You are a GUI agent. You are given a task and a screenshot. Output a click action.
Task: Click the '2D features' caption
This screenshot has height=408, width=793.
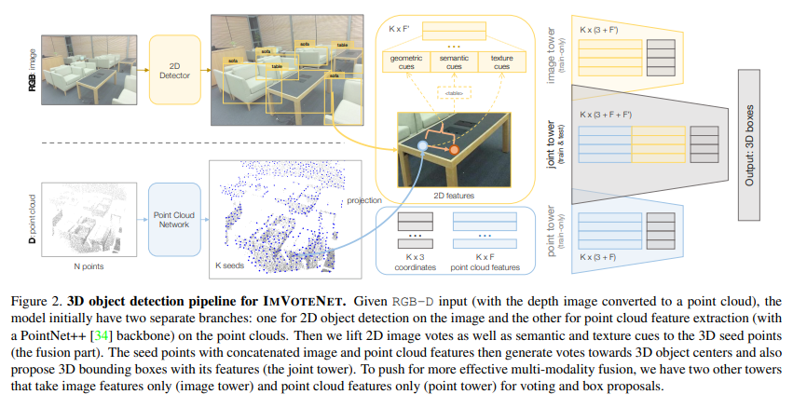click(x=455, y=196)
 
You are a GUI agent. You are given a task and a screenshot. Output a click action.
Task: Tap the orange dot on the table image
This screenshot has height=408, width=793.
click(x=455, y=149)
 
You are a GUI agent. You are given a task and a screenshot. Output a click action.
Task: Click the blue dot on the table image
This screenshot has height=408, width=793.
click(x=422, y=147)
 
